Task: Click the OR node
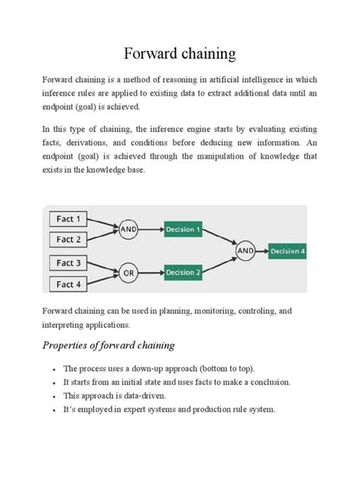[129, 273]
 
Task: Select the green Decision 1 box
[183, 229]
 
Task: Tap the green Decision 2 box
[183, 273]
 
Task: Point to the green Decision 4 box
[287, 251]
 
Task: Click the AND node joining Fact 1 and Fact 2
[129, 229]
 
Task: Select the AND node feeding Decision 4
[245, 250]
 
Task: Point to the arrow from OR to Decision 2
[151, 273]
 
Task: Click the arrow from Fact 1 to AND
[107, 223]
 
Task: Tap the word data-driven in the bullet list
[144, 396]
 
